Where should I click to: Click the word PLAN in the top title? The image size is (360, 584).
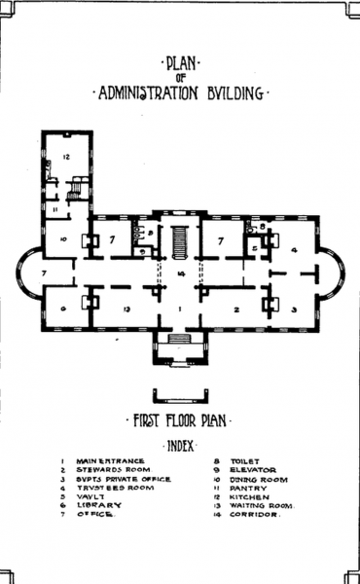(x=180, y=65)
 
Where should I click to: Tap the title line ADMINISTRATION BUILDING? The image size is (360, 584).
(x=180, y=94)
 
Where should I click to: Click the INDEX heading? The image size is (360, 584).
(x=180, y=446)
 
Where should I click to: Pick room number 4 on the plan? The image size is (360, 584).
(x=294, y=249)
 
